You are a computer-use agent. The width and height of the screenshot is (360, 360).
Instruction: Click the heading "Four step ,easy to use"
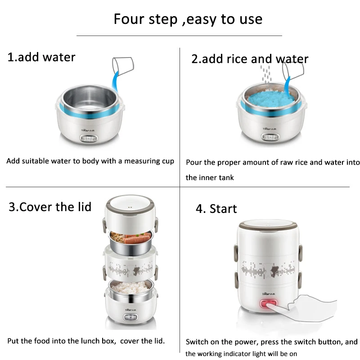188,19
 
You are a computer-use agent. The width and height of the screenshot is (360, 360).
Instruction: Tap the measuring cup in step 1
123,66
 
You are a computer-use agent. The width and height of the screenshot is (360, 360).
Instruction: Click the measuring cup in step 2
293,71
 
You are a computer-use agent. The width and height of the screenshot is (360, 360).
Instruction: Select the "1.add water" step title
41,57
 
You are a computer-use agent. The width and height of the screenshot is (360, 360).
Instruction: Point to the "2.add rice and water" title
250,59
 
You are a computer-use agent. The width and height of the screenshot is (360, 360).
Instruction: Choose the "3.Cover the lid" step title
50,207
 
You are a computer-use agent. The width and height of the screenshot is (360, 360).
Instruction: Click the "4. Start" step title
216,209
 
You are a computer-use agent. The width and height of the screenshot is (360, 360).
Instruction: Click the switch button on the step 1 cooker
89,139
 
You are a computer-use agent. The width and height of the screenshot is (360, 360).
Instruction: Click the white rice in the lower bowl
130,287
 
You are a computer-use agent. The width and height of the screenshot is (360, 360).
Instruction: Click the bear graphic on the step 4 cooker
273,271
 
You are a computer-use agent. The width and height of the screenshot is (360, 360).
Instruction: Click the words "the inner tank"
210,177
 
